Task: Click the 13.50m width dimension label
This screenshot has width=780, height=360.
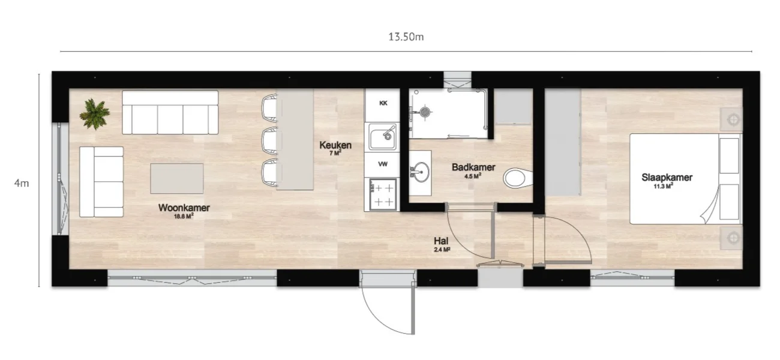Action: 406,37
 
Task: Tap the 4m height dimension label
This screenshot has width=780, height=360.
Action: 22,183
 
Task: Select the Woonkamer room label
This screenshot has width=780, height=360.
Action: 184,208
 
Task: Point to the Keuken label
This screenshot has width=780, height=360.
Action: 335,145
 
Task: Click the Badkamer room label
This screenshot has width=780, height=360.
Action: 473,167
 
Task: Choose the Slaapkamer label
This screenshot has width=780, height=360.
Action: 667,177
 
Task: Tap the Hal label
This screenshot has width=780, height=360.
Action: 441,241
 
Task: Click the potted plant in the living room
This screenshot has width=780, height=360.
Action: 94,114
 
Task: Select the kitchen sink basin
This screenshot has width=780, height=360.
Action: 382,138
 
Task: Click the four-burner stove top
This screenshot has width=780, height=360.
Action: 383,194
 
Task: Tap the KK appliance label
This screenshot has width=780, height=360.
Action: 383,103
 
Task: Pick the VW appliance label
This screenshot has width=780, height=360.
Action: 383,164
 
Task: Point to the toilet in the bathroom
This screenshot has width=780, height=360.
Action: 518,178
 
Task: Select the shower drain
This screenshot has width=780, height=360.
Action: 425,112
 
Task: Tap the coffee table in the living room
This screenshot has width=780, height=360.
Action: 176,179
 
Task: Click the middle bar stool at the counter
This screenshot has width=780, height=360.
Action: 269,141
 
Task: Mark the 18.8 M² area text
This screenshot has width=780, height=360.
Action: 184,216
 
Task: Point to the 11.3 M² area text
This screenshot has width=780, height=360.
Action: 663,186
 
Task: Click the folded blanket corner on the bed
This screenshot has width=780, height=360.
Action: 710,208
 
